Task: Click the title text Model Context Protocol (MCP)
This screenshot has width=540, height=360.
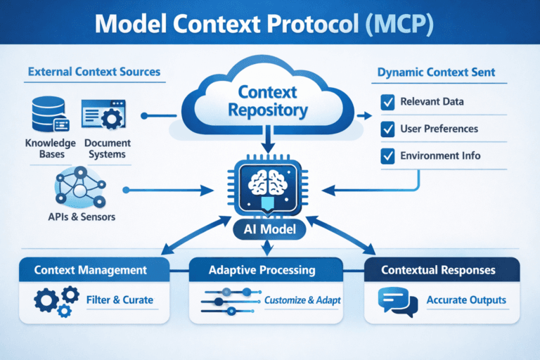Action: pos(270,25)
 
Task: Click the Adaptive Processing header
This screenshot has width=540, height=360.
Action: pos(269,270)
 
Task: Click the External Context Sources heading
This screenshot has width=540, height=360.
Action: pos(94,72)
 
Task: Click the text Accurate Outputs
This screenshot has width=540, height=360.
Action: pos(466,300)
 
